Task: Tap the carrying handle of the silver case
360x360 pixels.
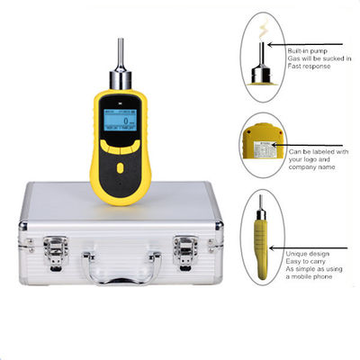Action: (122, 264)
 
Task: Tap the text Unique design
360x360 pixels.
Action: (306, 255)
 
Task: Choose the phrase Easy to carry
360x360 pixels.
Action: (306, 264)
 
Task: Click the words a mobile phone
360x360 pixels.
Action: (312, 282)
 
